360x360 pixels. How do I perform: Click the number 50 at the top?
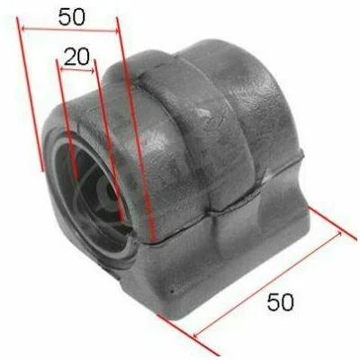[x=72, y=17]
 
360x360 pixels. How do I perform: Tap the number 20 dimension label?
[x=76, y=57]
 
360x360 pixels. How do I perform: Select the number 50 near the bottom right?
[x=281, y=301]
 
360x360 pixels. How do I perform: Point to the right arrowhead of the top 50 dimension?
[x=115, y=31]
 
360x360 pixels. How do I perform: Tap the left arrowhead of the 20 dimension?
[x=62, y=69]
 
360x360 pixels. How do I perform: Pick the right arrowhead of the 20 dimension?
[x=92, y=71]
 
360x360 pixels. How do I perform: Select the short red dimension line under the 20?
[x=76, y=70]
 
